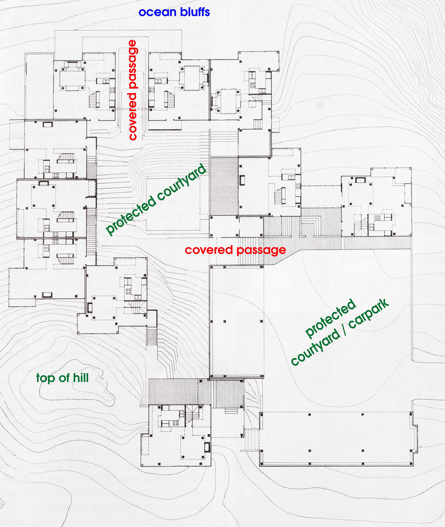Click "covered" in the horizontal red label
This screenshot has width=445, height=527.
pos(208,250)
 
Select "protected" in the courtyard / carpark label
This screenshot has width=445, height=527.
pos(331,318)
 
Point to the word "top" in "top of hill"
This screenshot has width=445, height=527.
pos(45,379)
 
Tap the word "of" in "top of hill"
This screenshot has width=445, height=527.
pos(63,378)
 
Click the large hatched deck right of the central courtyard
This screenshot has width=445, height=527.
pos(224,186)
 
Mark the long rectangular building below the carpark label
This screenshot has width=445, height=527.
pos(336,438)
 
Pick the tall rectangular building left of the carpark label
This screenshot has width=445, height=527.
pos(237,321)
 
